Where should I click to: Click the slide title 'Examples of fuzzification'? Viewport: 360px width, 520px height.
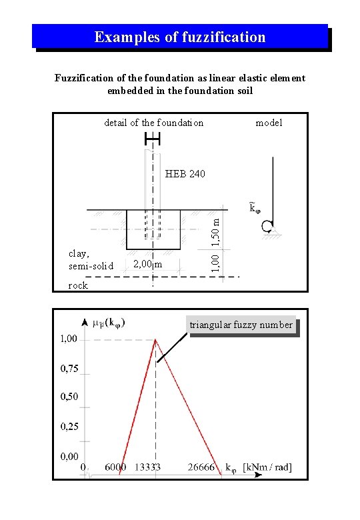[x=180, y=37]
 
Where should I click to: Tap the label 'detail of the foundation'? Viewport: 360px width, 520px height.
[x=154, y=123]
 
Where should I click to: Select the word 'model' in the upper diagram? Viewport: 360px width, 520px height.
[x=269, y=123]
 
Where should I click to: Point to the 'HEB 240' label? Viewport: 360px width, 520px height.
[x=185, y=174]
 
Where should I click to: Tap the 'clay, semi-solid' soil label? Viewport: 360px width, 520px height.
[x=91, y=259]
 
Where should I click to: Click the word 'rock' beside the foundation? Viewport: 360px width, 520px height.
[x=78, y=285]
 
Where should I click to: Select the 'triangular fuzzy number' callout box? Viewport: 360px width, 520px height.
[x=241, y=325]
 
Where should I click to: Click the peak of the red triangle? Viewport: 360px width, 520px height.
[x=155, y=339]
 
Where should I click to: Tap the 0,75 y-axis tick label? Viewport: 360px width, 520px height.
[x=69, y=368]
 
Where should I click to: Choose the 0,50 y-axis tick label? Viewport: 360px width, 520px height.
[x=69, y=397]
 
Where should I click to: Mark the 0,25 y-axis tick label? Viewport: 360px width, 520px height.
[x=69, y=426]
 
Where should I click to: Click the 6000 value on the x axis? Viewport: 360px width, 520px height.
[x=115, y=467]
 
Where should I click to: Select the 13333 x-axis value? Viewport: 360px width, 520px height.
[x=147, y=467]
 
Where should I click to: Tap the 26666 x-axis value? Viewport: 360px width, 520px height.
[x=201, y=467]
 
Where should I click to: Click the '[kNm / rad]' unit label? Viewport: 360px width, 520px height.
[x=267, y=467]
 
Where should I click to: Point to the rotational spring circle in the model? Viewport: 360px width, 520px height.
[x=267, y=227]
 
